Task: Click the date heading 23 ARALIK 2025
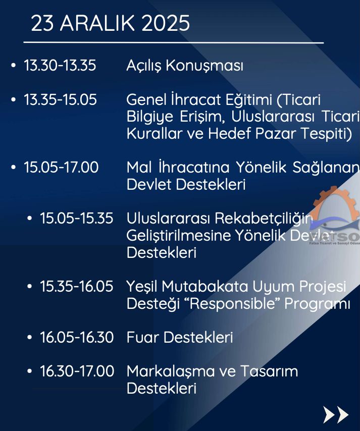110,23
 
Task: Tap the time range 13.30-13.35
60,66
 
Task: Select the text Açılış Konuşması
185,66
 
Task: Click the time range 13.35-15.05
60,99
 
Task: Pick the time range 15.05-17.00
61,167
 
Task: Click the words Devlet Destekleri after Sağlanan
186,184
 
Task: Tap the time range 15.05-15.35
76,218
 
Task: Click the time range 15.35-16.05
76,286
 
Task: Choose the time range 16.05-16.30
77,337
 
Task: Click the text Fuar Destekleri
180,337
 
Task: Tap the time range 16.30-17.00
77,371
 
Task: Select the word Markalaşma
171,371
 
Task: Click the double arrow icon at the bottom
336,414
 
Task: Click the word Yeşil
142,287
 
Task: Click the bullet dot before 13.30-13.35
13,66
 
